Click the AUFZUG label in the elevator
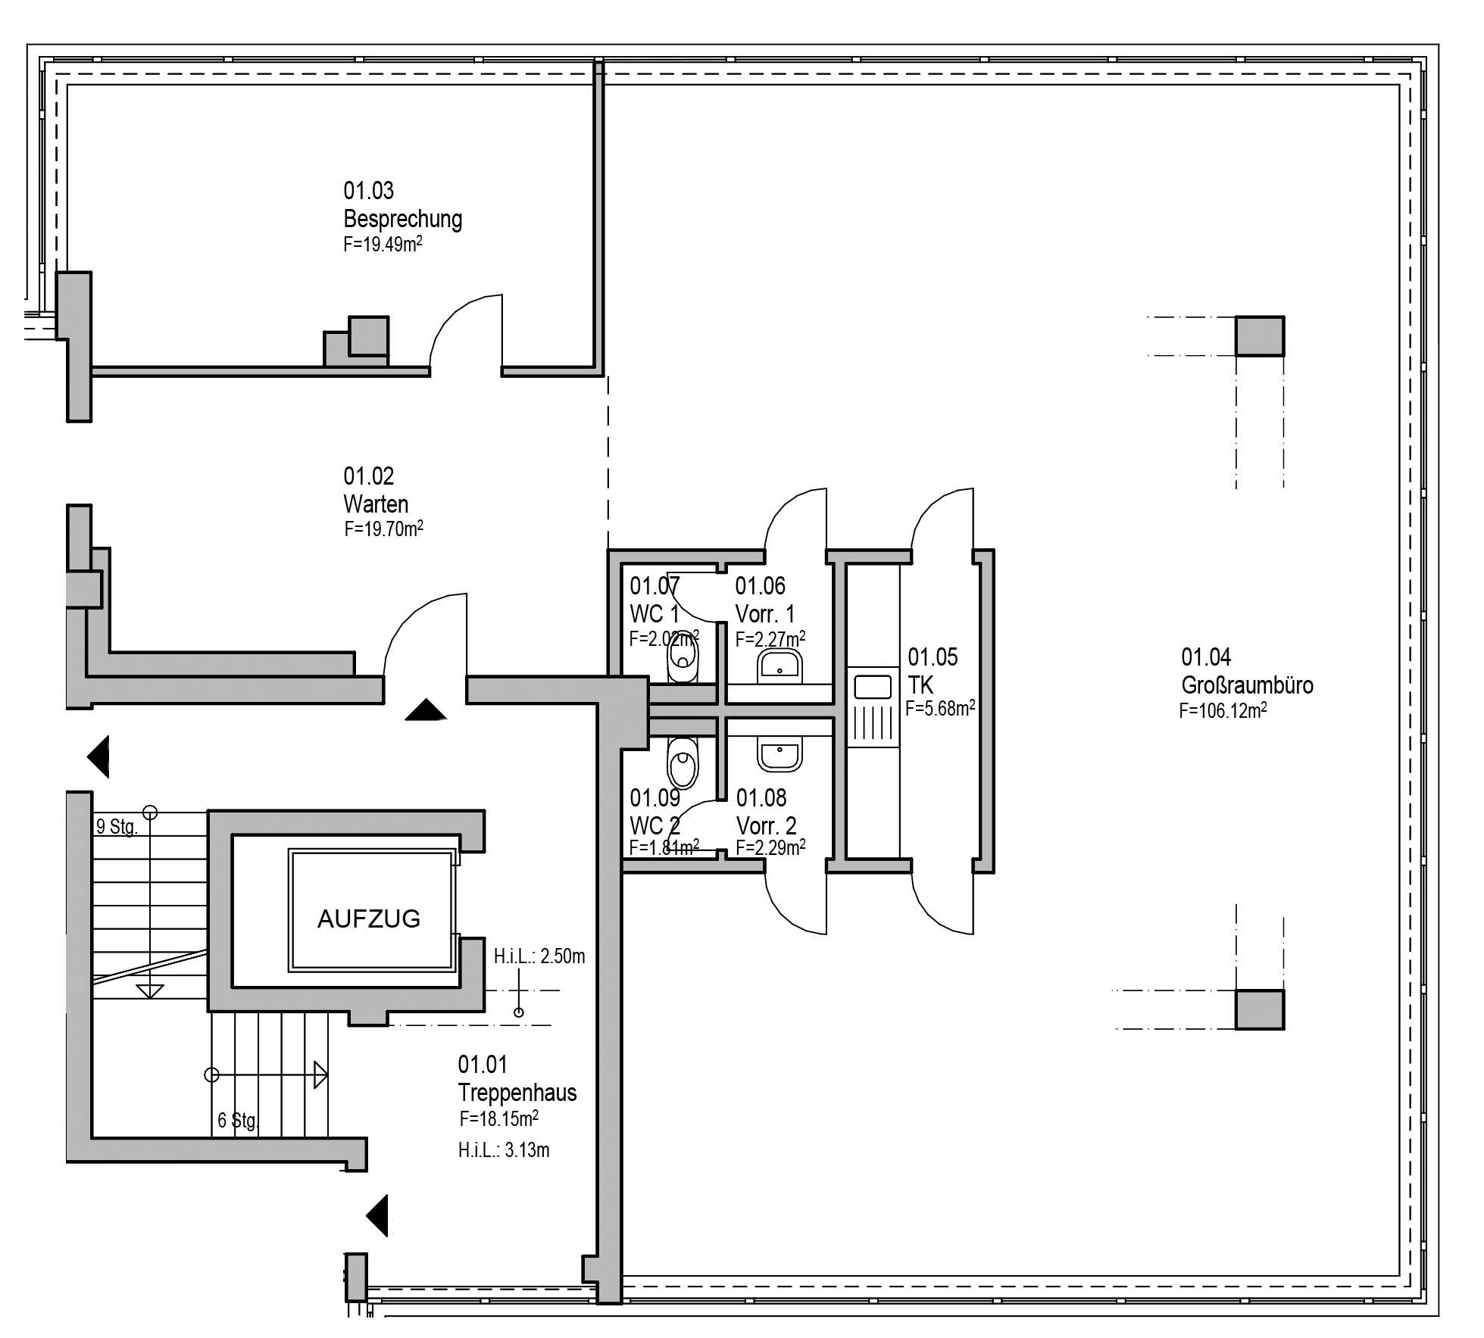click(x=369, y=919)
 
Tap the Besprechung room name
click(x=402, y=219)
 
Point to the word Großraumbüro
click(x=1247, y=685)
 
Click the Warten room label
click(x=376, y=504)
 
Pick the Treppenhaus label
click(x=517, y=1093)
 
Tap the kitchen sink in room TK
click(x=873, y=688)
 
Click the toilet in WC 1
click(x=683, y=659)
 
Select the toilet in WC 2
click(x=683, y=763)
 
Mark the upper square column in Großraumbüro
click(x=1260, y=336)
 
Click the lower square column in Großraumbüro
click(x=1260, y=1009)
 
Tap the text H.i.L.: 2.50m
click(x=539, y=956)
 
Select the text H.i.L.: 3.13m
click(x=504, y=1150)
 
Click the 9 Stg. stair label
click(x=117, y=827)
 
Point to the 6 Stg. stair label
click(x=238, y=1120)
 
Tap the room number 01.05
click(x=933, y=657)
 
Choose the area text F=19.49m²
click(x=383, y=245)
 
